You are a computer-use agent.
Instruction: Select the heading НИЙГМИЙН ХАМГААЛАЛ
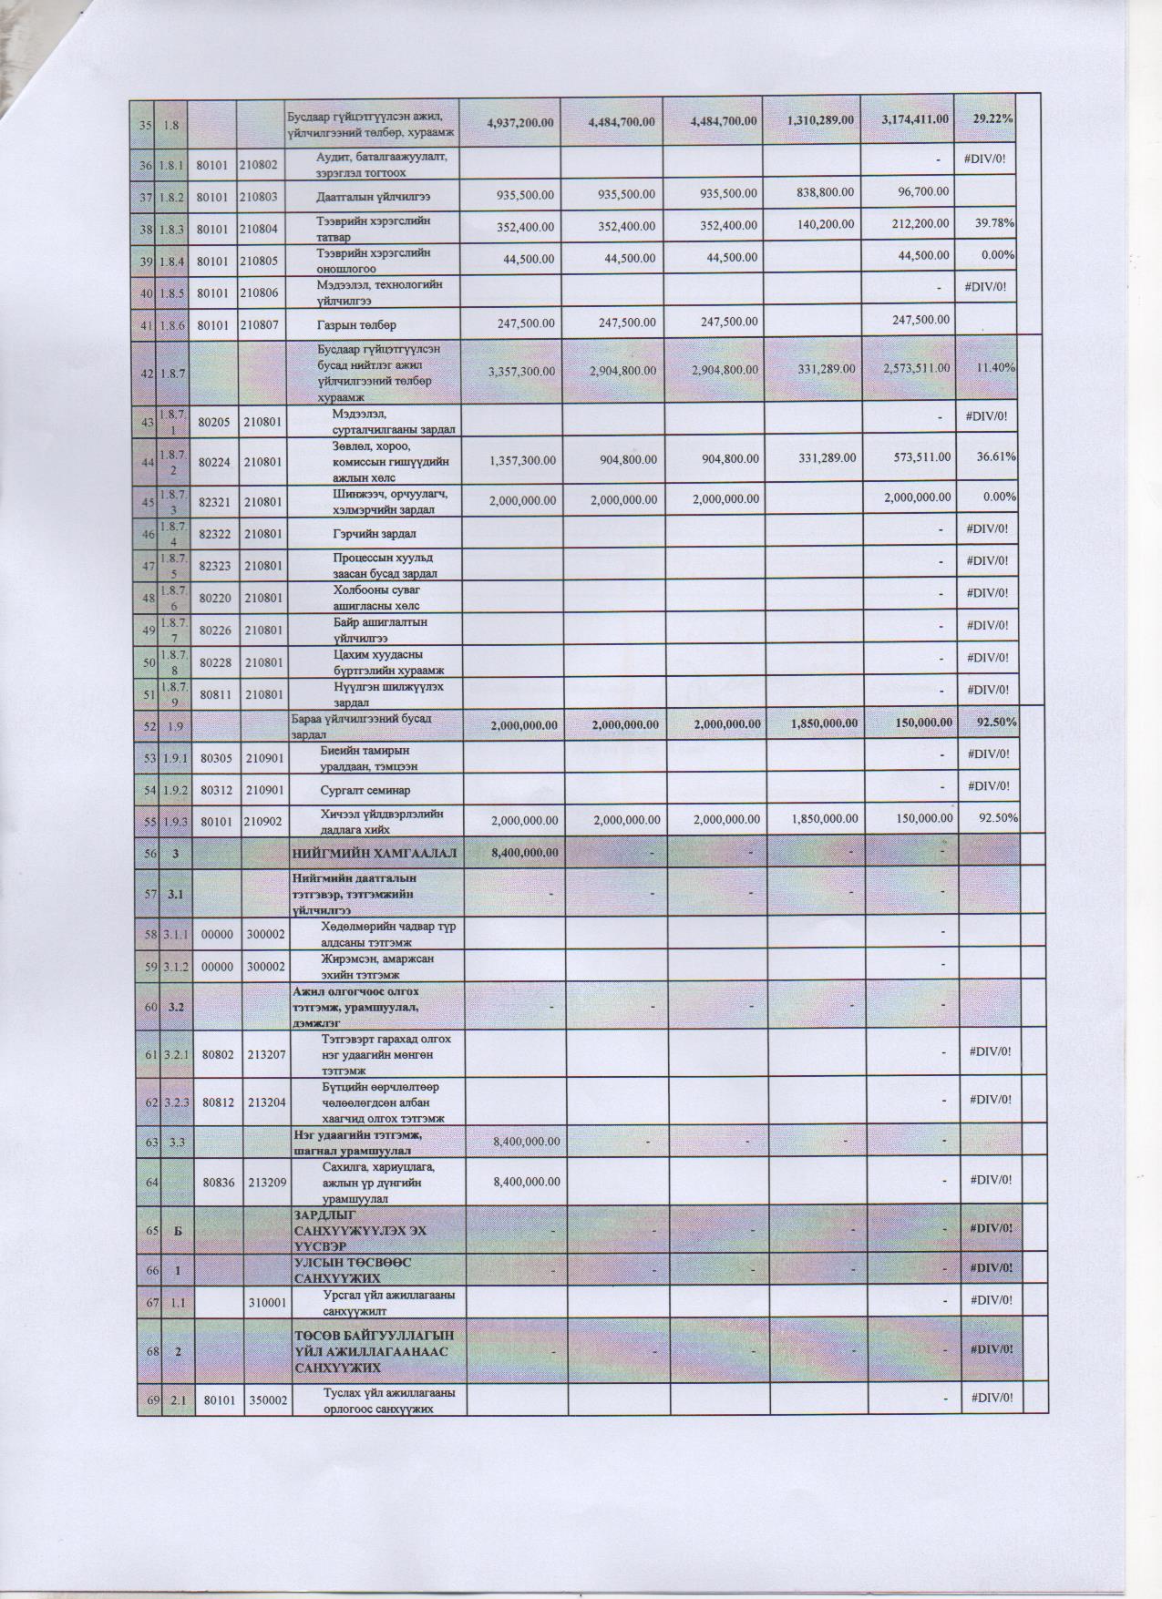pyautogui.click(x=374, y=853)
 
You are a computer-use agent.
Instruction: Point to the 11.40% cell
pyautogui.click(x=992, y=367)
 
